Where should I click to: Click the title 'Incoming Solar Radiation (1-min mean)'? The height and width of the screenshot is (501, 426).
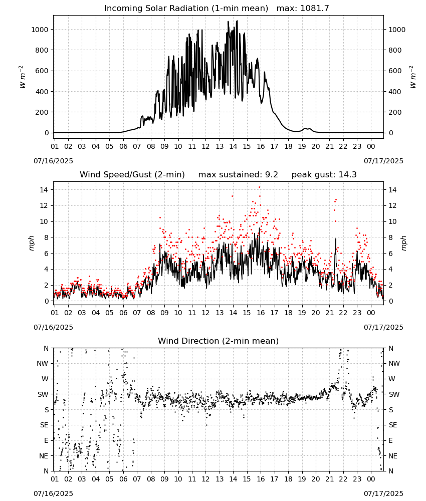click(x=186, y=9)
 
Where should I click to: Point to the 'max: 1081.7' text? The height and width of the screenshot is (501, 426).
click(x=303, y=9)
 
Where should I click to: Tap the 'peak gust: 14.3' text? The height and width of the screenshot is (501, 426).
click(x=324, y=175)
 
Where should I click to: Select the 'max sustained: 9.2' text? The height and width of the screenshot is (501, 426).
click(x=238, y=175)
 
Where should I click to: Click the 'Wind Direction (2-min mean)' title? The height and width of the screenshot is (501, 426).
click(x=219, y=341)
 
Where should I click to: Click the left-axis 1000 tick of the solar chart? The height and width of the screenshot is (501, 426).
click(x=40, y=30)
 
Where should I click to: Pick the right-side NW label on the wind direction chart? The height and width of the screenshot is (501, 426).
click(x=394, y=364)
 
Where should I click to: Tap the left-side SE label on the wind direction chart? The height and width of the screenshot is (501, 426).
click(x=44, y=425)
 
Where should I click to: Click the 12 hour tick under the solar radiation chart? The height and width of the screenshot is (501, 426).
click(x=205, y=146)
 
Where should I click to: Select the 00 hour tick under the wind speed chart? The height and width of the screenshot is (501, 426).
click(x=371, y=313)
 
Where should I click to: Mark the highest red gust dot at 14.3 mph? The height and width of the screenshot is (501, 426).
click(x=259, y=187)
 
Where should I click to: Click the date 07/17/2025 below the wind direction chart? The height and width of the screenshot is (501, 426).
click(x=383, y=493)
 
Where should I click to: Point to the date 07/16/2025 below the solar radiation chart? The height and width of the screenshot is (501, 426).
click(x=53, y=161)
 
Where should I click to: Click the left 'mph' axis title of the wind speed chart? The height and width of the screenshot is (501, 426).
click(x=31, y=243)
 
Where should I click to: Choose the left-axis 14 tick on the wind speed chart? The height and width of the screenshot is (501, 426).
click(x=44, y=190)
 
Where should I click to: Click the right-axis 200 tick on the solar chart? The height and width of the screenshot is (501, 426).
click(x=395, y=112)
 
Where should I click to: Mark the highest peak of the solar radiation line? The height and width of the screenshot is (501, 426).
click(x=237, y=21)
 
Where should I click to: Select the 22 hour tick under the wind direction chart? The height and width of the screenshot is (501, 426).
click(x=343, y=479)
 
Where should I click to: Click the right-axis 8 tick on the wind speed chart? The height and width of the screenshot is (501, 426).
click(x=390, y=237)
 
